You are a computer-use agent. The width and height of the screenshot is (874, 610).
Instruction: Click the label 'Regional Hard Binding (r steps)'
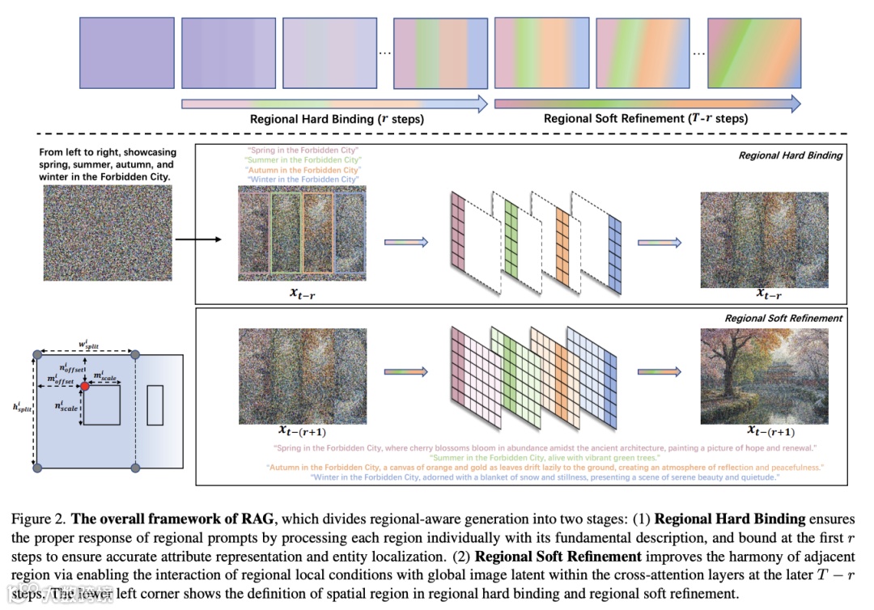[x=337, y=119]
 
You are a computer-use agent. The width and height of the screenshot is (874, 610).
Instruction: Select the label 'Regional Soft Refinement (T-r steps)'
[x=646, y=119]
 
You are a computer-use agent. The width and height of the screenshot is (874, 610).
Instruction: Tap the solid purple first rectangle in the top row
[x=125, y=51]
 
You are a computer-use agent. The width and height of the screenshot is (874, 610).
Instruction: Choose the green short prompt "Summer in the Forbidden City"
[x=301, y=160]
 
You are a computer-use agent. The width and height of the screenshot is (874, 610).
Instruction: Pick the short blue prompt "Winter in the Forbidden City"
[x=301, y=180]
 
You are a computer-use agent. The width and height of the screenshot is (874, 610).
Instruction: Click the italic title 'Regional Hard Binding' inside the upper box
[x=790, y=155]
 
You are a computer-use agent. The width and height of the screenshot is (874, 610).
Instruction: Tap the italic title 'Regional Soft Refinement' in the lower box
[x=783, y=318]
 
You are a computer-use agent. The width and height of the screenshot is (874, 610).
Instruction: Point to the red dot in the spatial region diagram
[x=85, y=387]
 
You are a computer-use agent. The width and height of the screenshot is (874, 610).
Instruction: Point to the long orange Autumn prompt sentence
[x=545, y=468]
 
